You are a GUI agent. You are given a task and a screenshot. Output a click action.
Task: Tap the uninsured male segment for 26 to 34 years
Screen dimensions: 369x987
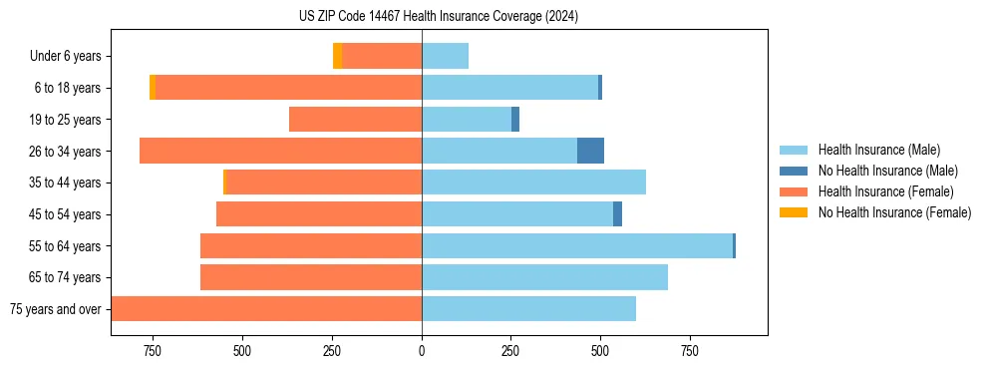[590, 151]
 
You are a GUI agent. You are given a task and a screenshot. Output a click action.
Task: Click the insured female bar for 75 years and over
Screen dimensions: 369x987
[266, 309]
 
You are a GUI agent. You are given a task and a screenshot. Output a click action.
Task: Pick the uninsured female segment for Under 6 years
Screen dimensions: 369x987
[338, 56]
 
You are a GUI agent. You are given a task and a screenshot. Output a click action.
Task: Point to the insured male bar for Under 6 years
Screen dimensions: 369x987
[445, 56]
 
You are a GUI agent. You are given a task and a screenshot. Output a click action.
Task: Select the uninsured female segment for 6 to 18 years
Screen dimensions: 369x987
[153, 88]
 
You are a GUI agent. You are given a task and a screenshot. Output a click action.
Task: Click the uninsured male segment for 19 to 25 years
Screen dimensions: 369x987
[515, 120]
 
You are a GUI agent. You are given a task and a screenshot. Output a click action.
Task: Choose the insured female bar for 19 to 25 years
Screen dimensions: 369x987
[355, 120]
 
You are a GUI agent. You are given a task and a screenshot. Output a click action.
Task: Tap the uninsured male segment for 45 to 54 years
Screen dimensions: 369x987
[617, 214]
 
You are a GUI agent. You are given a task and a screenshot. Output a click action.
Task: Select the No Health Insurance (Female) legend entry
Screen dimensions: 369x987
[894, 212]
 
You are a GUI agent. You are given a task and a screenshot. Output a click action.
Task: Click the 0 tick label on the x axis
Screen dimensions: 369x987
[422, 351]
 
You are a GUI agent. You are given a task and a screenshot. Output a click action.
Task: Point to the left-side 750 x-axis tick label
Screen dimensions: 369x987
[153, 351]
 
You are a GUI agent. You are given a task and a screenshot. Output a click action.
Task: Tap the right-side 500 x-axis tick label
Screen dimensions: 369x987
[600, 351]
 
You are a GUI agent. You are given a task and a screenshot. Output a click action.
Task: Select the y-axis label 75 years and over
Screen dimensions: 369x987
[55, 309]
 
